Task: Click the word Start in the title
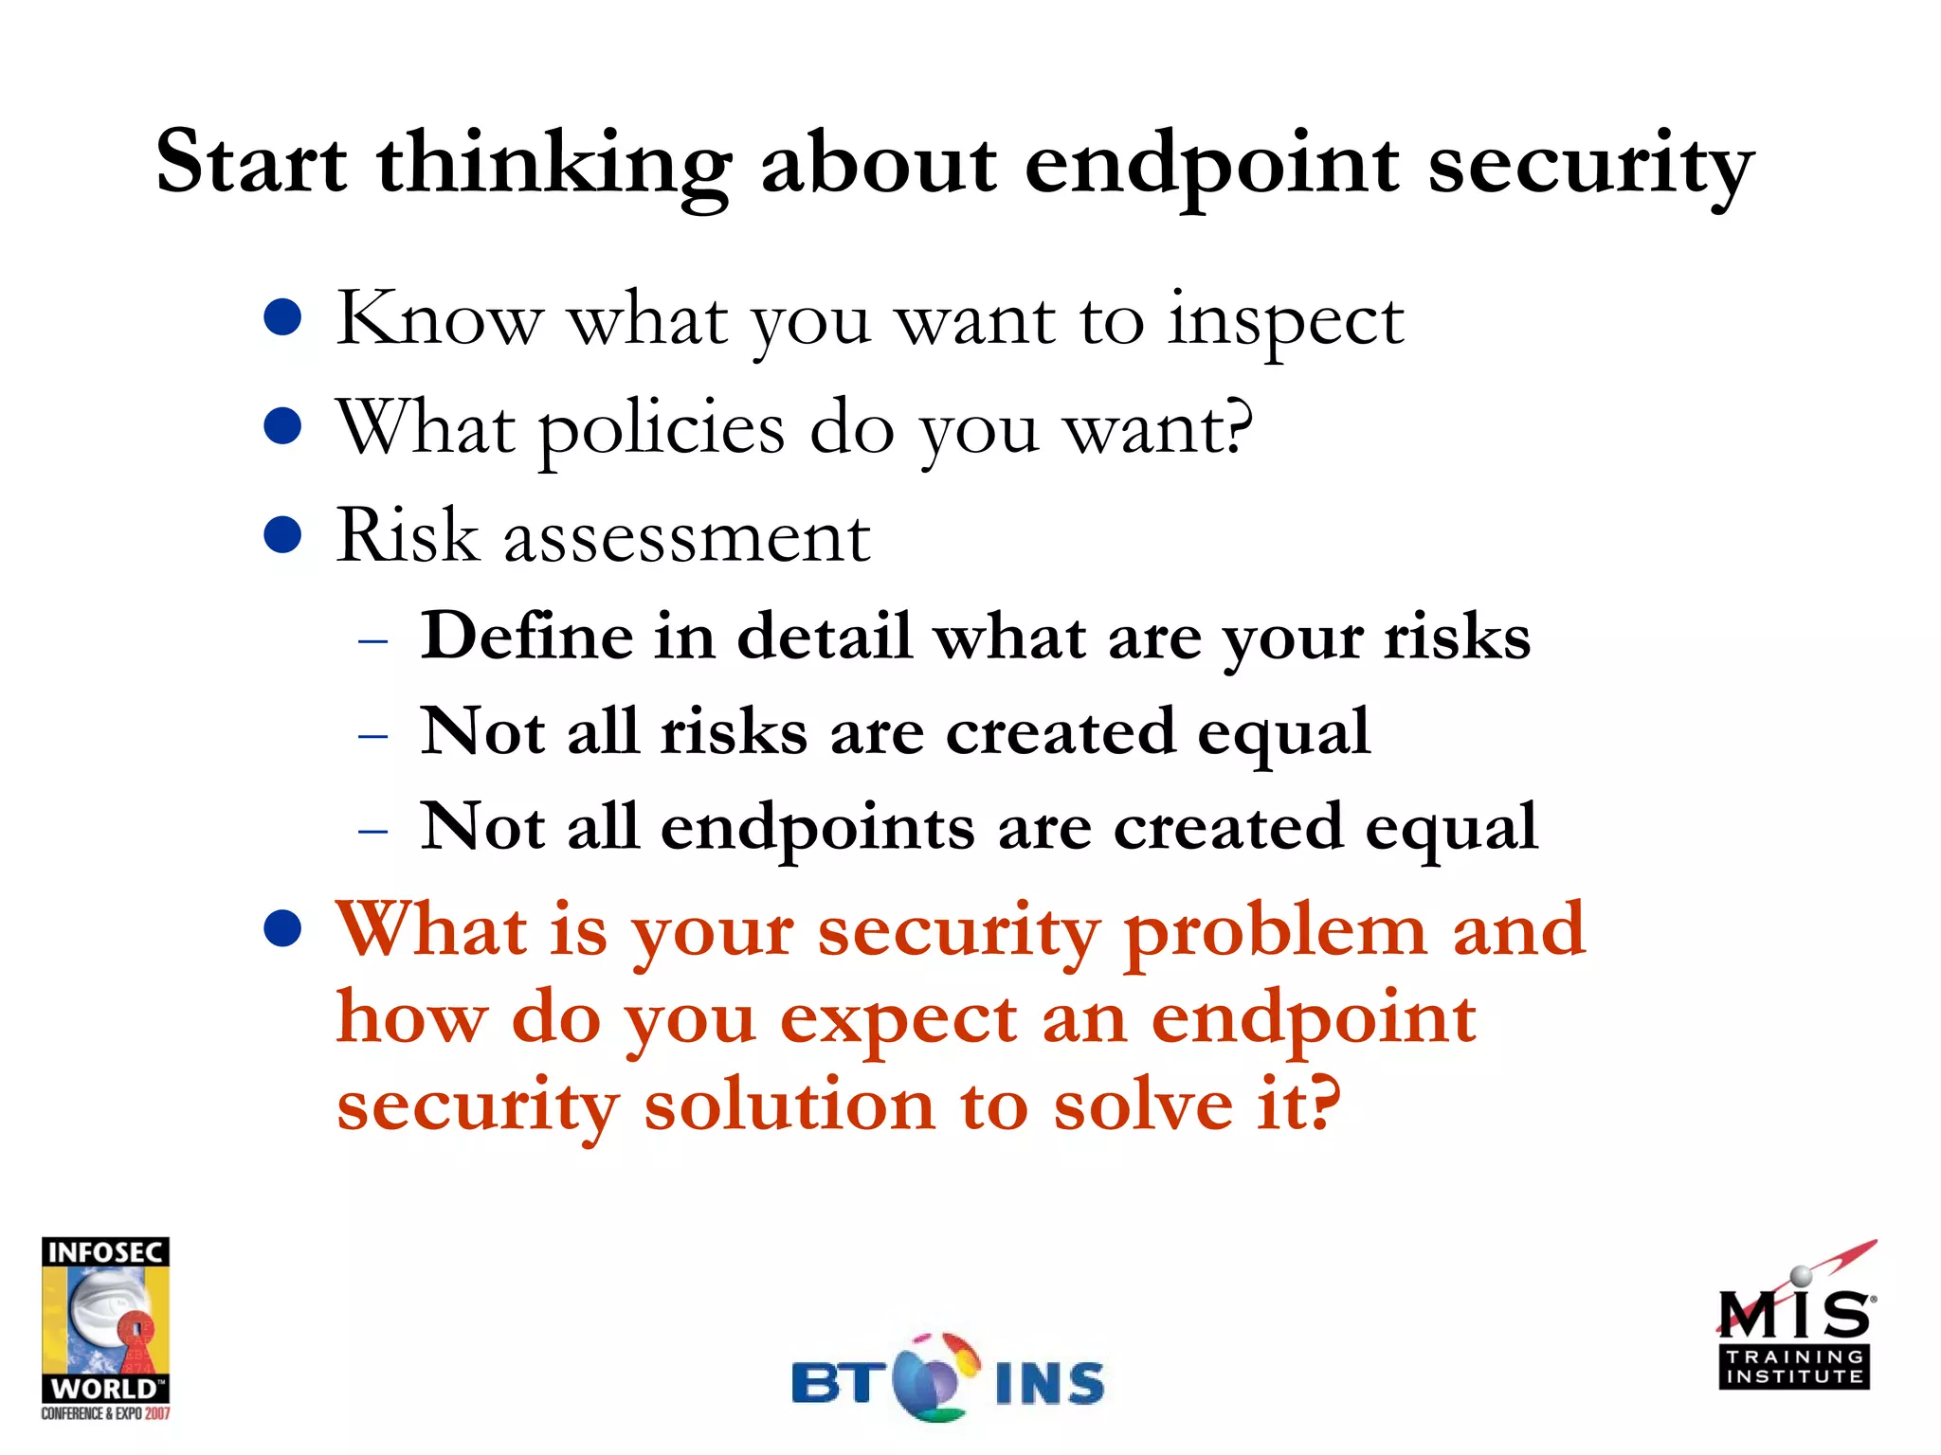[x=251, y=163]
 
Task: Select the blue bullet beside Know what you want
[x=282, y=318]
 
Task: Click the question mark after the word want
[x=1237, y=426]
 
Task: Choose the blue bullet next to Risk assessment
[x=282, y=534]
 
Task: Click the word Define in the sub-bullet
[x=525, y=636]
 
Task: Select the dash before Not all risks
[x=373, y=735]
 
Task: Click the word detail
[x=824, y=636]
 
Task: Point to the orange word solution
[x=789, y=1106]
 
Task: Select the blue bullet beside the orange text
[x=282, y=929]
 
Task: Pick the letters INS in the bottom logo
[x=1050, y=1384]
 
